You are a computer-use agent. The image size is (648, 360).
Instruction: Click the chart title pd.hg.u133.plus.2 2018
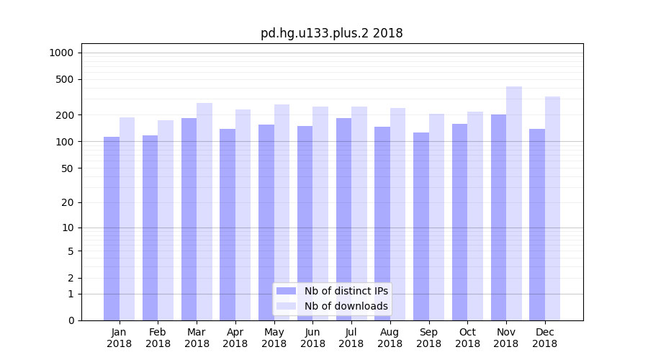(331, 33)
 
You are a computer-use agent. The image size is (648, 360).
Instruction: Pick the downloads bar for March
(204, 212)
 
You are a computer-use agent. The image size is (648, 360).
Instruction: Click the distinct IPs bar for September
(421, 226)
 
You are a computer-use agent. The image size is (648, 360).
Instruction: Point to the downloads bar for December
(552, 208)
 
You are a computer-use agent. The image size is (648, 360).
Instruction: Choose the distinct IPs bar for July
(343, 219)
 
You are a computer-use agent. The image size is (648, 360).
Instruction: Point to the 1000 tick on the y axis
(61, 53)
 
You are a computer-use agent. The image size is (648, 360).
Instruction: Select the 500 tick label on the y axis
(64, 79)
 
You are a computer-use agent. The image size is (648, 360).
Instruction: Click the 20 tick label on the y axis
(67, 202)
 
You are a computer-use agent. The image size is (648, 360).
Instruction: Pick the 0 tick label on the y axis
(71, 320)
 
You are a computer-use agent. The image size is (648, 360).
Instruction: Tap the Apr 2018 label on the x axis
(235, 338)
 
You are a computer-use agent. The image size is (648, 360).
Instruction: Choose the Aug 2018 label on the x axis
(390, 338)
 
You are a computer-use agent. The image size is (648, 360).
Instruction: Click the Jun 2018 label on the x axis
(312, 338)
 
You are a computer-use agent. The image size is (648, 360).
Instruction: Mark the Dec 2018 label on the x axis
(544, 338)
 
